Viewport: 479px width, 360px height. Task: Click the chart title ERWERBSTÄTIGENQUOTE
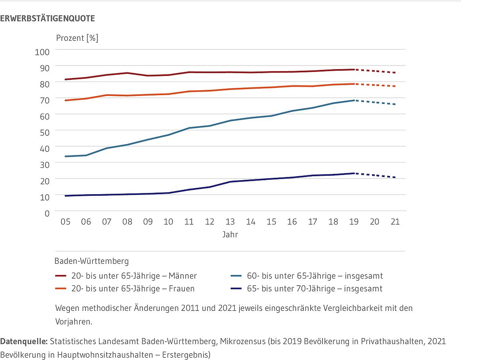pyautogui.click(x=48, y=18)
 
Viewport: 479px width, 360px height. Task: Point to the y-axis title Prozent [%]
pyautogui.click(x=77, y=38)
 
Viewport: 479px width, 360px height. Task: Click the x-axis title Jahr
pyautogui.click(x=230, y=235)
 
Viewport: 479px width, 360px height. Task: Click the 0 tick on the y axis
pyautogui.click(x=47, y=213)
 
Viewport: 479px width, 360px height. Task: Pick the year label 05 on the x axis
pyautogui.click(x=65, y=222)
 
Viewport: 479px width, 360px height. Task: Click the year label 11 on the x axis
pyautogui.click(x=189, y=222)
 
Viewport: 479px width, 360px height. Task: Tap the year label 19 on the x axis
pyautogui.click(x=354, y=222)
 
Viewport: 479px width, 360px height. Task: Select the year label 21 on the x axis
pyautogui.click(x=395, y=222)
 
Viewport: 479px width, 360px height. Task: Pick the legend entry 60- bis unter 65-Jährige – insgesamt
pyautogui.click(x=307, y=276)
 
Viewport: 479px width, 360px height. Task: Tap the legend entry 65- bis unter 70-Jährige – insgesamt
pyautogui.click(x=307, y=288)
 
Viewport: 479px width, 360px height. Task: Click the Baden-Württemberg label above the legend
pyautogui.click(x=91, y=261)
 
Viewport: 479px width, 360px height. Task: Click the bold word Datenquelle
pyautogui.click(x=24, y=342)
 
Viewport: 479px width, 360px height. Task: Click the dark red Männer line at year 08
pyautogui.click(x=127, y=73)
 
